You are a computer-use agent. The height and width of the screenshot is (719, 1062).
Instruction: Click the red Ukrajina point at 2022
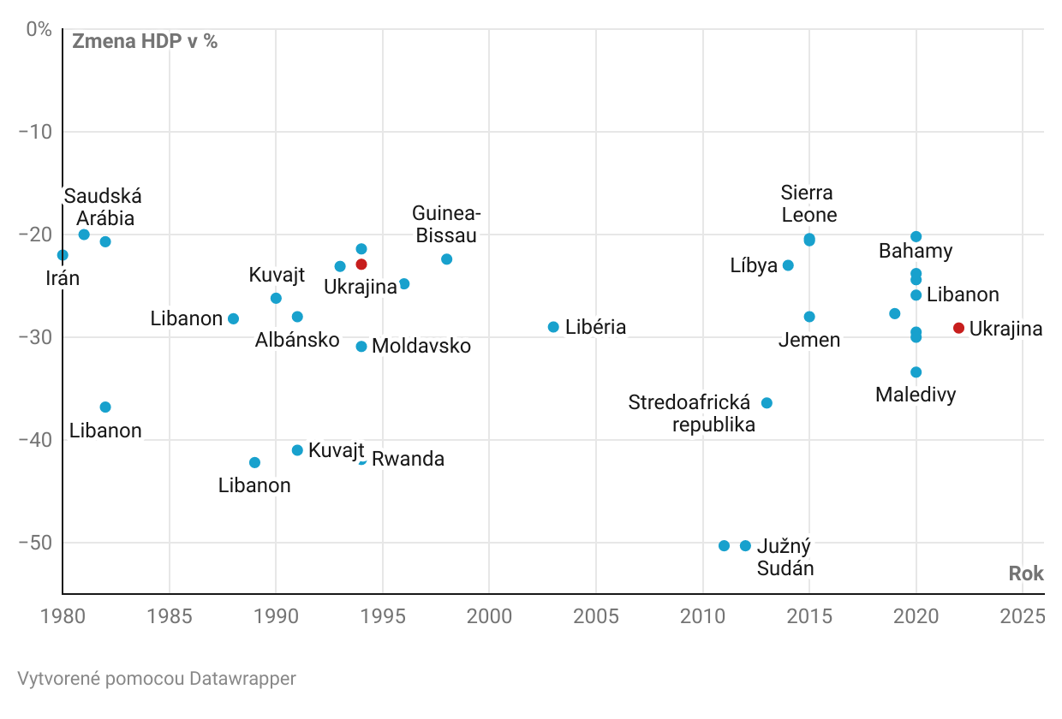[958, 328]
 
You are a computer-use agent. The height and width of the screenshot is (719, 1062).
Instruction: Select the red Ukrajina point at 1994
[361, 264]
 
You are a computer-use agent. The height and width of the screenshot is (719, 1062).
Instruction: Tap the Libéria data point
[553, 327]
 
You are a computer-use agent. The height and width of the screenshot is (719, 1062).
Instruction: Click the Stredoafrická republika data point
[767, 403]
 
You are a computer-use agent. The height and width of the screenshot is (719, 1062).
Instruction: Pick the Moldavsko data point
[361, 347]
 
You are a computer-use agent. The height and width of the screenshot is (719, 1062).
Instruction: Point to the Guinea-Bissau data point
[446, 259]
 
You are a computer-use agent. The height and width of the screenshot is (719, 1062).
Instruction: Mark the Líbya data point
[788, 265]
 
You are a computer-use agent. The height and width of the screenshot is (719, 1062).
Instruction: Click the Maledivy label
[916, 395]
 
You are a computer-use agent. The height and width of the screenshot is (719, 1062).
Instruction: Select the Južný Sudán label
[785, 557]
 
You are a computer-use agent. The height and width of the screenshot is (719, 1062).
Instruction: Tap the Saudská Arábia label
[104, 207]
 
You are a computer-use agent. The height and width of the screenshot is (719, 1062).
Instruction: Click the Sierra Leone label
[808, 204]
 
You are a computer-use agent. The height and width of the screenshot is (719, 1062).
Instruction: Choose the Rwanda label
[408, 460]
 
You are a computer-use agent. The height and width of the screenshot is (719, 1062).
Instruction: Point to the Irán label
[63, 278]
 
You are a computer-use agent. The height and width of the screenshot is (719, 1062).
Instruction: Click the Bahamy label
[916, 252]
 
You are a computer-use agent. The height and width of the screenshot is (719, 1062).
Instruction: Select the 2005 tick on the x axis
[595, 616]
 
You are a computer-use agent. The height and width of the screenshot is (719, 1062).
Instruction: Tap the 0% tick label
[39, 29]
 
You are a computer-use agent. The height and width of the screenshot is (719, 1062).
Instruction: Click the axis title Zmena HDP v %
[145, 41]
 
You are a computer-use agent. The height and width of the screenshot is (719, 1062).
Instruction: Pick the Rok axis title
[1026, 573]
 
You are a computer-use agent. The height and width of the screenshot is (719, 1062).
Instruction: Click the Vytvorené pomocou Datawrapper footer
[157, 679]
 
